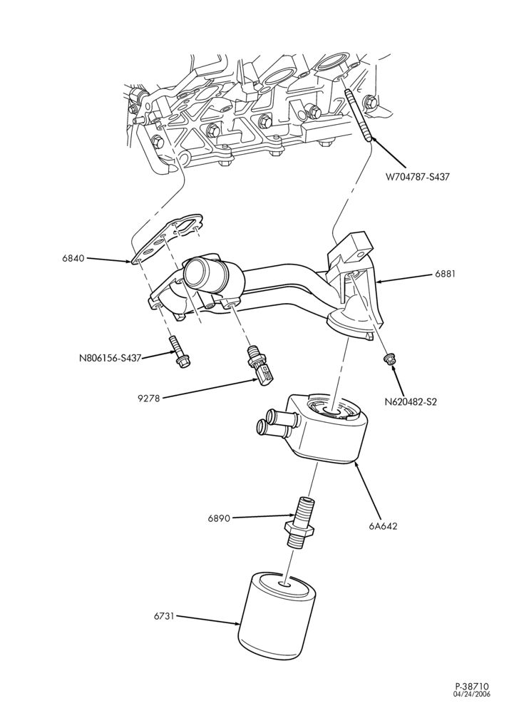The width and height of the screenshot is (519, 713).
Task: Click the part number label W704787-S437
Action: tap(417, 177)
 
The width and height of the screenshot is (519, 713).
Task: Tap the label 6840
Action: tap(73, 259)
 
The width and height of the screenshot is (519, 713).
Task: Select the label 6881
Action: tap(445, 274)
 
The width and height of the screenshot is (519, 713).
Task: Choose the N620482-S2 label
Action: tap(411, 402)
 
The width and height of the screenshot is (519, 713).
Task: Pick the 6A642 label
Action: tap(384, 526)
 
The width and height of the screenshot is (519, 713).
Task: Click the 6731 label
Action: tap(165, 617)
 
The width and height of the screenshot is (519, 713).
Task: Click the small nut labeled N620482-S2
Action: tap(388, 359)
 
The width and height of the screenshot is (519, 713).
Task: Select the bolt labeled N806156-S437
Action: tap(179, 352)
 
